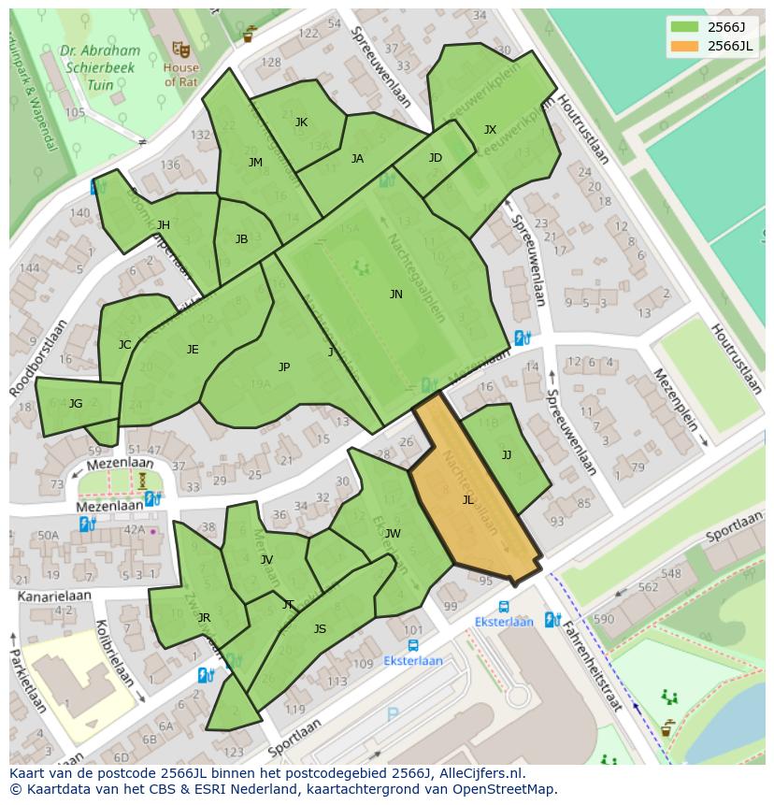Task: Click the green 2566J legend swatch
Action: point(684,27)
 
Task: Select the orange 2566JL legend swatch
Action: point(684,47)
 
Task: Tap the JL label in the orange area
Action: point(468,500)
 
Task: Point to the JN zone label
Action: point(396,295)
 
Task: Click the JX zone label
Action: point(490,130)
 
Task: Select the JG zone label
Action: point(76,404)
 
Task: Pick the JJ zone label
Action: point(507,455)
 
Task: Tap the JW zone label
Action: point(393,534)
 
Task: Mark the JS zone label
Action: point(320,629)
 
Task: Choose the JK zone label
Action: point(301,122)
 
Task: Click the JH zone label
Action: point(164,225)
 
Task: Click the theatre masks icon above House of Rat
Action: point(180,48)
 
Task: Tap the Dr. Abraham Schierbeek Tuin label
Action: point(100,67)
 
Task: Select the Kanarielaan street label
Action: point(52,595)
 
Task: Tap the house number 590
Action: point(604,619)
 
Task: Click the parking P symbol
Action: point(393,715)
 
